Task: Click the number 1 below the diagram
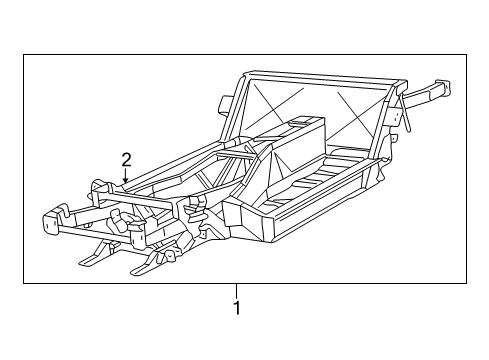click(237, 308)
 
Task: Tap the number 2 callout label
click(126, 158)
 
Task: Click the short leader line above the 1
click(237, 290)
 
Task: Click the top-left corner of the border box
click(24, 56)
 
